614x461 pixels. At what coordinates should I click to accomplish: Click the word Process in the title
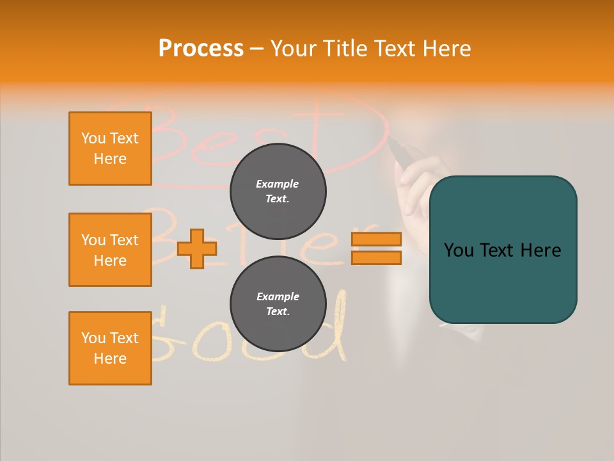click(201, 49)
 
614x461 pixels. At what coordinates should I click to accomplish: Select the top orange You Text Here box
click(110, 149)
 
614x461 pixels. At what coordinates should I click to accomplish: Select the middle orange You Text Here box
click(110, 250)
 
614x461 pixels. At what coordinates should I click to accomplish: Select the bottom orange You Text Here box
click(110, 348)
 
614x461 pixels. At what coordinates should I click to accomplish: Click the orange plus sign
click(196, 248)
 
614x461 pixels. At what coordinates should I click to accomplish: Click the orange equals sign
click(376, 248)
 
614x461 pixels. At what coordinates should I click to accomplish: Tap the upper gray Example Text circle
click(278, 191)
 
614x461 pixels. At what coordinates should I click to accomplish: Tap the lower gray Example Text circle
click(278, 304)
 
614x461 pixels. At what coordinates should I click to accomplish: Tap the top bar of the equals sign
click(376, 239)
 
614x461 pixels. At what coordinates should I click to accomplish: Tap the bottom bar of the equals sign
click(376, 257)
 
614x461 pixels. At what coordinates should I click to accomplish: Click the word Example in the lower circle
click(278, 296)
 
